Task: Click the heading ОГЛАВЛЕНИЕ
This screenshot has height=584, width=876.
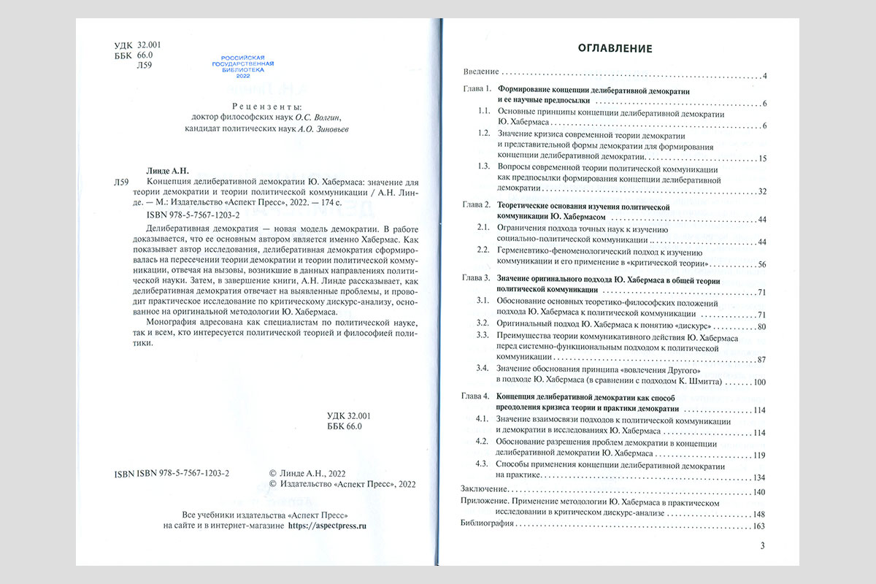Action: click(x=615, y=49)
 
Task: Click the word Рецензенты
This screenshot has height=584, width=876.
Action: click(x=254, y=105)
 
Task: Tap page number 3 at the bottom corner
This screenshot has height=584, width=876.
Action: click(x=763, y=546)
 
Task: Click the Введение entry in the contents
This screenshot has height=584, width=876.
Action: click(x=480, y=72)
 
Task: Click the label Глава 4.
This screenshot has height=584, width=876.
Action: click(x=477, y=396)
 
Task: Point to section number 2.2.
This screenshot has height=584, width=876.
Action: click(x=482, y=250)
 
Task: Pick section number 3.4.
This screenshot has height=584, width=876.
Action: click(x=482, y=369)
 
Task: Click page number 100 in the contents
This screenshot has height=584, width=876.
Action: click(x=758, y=382)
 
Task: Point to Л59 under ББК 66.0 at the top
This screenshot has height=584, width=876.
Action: click(x=145, y=66)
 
